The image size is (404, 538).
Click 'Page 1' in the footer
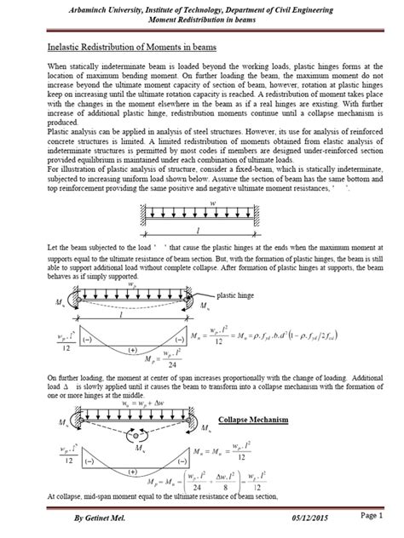click(371, 516)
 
